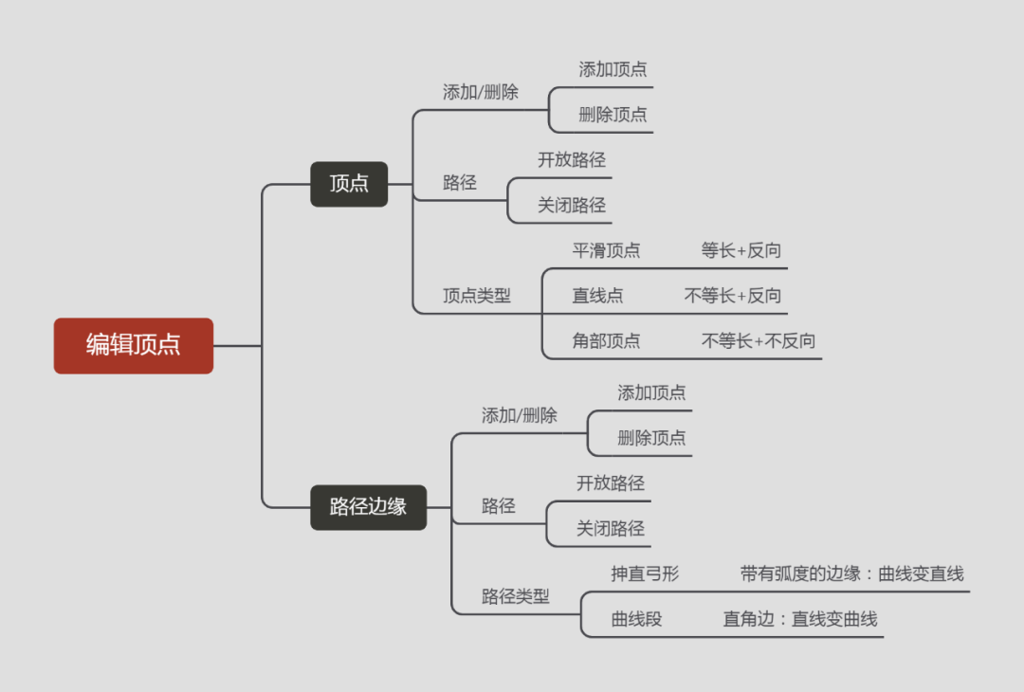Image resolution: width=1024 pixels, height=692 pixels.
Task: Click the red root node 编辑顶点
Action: (134, 345)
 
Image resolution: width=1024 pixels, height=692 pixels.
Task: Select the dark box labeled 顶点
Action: (349, 184)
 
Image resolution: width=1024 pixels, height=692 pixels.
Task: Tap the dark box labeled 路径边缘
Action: (368, 507)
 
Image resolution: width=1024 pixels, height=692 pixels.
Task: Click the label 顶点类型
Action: (476, 296)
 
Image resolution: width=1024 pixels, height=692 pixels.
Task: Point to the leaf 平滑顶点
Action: (606, 251)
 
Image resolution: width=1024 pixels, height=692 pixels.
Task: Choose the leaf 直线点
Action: (597, 296)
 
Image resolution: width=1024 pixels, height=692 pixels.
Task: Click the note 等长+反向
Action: (741, 251)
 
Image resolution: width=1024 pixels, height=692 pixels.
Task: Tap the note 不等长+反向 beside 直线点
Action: (733, 296)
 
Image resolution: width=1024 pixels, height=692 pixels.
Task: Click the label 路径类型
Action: (515, 597)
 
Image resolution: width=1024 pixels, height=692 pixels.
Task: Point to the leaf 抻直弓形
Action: (645, 574)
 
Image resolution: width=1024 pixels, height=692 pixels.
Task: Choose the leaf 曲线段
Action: (636, 620)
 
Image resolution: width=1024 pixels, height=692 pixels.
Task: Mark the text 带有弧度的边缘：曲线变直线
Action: (852, 574)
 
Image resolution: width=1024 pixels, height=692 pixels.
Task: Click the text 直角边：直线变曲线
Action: (800, 620)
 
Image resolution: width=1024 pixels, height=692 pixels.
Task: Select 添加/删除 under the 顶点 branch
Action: (481, 93)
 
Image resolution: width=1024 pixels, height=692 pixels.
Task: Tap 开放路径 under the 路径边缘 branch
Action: (611, 483)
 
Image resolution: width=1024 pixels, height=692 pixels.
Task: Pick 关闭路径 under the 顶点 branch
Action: (572, 205)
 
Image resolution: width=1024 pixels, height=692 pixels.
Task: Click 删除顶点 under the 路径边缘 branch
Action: (651, 438)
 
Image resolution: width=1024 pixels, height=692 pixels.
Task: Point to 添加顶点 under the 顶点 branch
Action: (613, 69)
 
